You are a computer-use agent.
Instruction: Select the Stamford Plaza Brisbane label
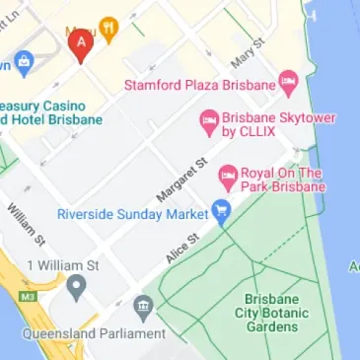(200, 84)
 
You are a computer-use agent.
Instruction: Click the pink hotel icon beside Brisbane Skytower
(208, 121)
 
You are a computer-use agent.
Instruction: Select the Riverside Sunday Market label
(132, 213)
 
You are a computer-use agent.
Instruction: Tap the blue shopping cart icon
(222, 211)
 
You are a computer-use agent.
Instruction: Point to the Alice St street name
(182, 249)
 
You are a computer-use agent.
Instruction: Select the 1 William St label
(63, 265)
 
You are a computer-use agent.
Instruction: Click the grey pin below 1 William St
(77, 288)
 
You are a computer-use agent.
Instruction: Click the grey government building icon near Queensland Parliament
(144, 307)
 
